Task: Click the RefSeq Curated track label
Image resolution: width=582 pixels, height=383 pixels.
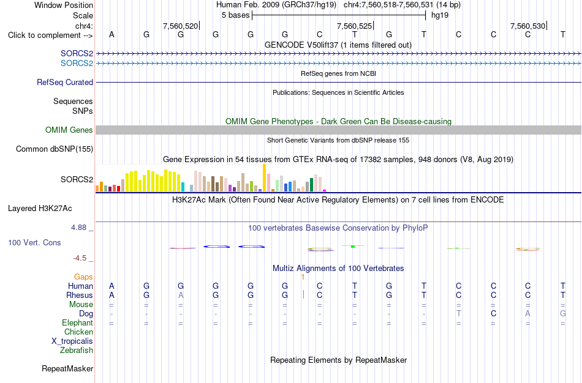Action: tap(64, 83)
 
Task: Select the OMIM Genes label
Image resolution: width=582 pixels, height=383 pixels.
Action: tap(69, 130)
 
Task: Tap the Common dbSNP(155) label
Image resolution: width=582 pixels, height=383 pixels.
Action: tap(55, 149)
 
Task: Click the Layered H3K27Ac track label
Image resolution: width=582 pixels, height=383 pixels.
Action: tap(40, 209)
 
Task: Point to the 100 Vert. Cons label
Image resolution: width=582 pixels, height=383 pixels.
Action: tap(34, 242)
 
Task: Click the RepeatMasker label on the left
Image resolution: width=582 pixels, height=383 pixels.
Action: tap(67, 368)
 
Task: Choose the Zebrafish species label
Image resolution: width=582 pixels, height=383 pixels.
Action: tap(77, 350)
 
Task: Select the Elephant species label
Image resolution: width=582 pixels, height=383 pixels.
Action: tap(77, 322)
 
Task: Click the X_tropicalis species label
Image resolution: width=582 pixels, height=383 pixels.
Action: tap(72, 341)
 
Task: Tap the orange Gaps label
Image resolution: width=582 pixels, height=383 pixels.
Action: tap(83, 277)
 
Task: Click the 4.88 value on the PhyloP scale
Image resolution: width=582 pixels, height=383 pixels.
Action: tap(78, 227)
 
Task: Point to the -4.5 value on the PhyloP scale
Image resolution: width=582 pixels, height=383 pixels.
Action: tap(80, 258)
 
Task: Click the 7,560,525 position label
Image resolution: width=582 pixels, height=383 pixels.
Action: tap(354, 26)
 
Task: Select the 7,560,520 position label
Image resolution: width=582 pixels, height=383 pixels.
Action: tap(180, 26)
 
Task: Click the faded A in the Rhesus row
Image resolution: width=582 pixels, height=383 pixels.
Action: tap(181, 295)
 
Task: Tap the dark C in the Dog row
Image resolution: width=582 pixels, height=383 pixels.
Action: tap(493, 314)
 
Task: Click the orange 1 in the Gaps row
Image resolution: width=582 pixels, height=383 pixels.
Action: tap(303, 277)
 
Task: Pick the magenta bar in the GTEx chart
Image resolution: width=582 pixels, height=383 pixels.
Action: tap(325, 190)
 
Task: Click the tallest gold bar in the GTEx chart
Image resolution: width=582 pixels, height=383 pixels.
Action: tap(264, 178)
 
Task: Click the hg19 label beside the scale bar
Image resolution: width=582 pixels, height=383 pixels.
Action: tap(440, 15)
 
